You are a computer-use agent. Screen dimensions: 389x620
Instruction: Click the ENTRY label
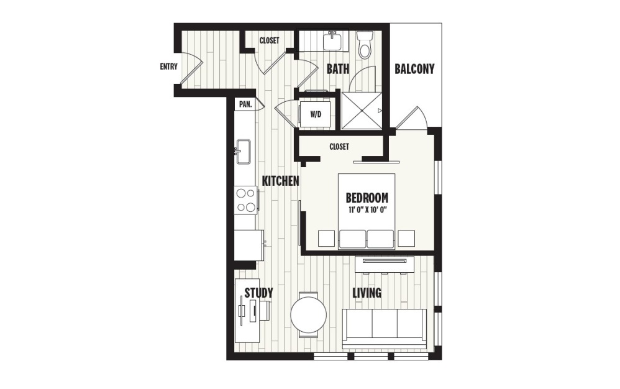pyautogui.click(x=168, y=67)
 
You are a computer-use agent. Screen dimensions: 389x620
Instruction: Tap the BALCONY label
pyautogui.click(x=414, y=69)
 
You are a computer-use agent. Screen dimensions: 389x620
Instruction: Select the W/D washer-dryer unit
pyautogui.click(x=315, y=114)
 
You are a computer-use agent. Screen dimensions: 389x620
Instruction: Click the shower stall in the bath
pyautogui.click(x=360, y=110)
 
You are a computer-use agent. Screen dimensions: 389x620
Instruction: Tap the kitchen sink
pyautogui.click(x=243, y=151)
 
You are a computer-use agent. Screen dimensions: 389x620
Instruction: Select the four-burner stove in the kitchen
pyautogui.click(x=245, y=200)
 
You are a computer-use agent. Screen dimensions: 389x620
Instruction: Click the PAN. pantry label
pyautogui.click(x=245, y=104)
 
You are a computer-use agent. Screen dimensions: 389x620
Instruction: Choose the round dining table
pyautogui.click(x=308, y=315)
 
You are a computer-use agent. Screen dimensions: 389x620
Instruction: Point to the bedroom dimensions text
pyautogui.click(x=367, y=209)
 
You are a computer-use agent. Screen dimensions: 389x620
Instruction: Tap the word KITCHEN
pyautogui.click(x=281, y=181)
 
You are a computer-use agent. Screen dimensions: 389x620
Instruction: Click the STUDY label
pyautogui.click(x=258, y=293)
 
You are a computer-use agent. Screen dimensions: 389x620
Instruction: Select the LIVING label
pyautogui.click(x=367, y=293)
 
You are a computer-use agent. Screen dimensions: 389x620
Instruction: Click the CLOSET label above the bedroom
pyautogui.click(x=339, y=147)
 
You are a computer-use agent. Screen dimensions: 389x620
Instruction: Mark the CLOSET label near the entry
pyautogui.click(x=269, y=41)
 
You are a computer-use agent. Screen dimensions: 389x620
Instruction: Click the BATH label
pyautogui.click(x=338, y=69)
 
